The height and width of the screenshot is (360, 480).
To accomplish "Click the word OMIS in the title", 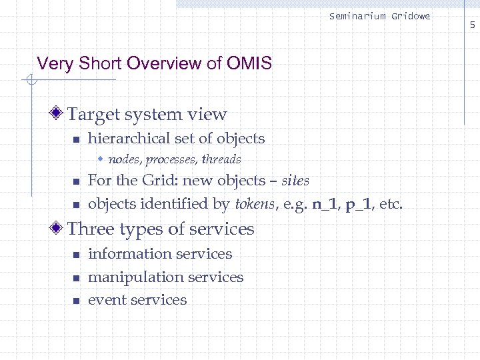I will point(249,64).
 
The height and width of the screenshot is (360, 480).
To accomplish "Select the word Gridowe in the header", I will point(410,16).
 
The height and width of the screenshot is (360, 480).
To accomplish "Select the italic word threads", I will point(221,159).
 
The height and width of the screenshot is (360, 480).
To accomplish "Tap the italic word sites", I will point(295,181).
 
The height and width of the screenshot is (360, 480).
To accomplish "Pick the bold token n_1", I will point(325,204).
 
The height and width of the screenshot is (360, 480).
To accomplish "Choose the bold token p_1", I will point(359,204).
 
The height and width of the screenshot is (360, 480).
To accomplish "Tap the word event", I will point(107,300).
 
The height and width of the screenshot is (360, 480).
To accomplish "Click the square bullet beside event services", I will point(76,301).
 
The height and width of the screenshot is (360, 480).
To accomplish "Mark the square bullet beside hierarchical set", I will point(76,139).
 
